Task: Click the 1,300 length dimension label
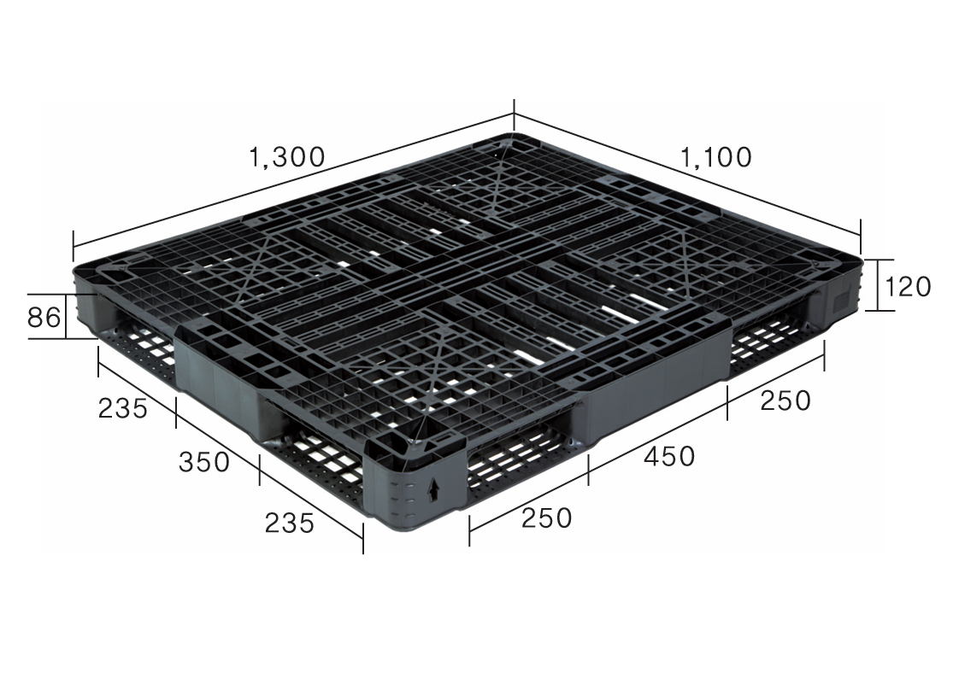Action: [287, 157]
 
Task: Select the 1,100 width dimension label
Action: [715, 157]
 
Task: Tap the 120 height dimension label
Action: [909, 286]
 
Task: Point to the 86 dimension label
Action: [44, 317]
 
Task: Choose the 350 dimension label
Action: [204, 462]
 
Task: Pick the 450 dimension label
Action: [669, 456]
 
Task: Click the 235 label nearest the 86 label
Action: [123, 408]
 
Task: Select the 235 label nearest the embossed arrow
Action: [289, 523]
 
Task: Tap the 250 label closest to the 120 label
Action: [785, 401]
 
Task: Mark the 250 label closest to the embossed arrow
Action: [547, 518]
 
